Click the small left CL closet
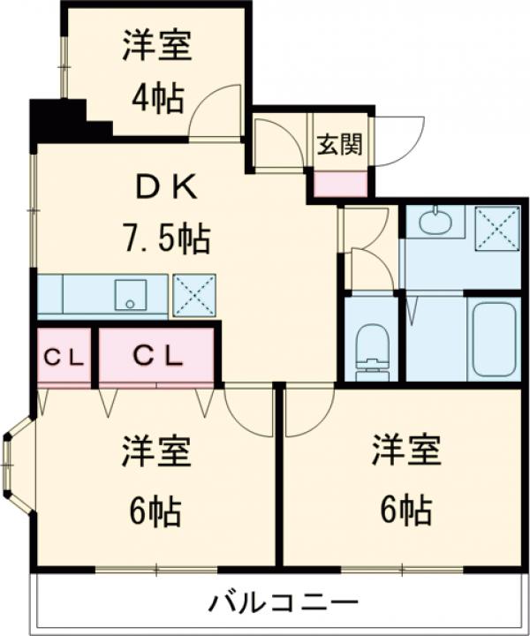(x=64, y=358)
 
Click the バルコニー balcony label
(x=284, y=603)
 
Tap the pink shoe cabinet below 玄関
(x=341, y=185)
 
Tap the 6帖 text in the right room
(x=405, y=510)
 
